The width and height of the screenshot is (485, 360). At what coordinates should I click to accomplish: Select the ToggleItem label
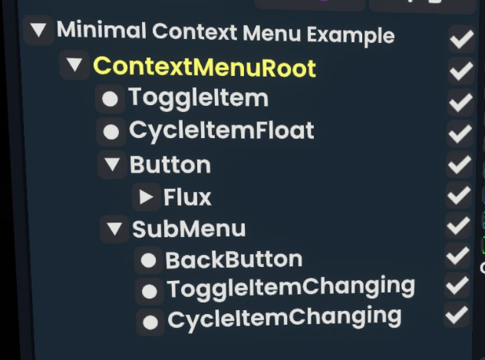click(x=198, y=98)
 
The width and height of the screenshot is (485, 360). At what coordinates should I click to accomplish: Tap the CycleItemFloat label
click(x=221, y=130)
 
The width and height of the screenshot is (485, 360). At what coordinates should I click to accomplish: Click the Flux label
click(x=187, y=197)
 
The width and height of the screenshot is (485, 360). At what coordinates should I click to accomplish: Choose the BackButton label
click(x=233, y=260)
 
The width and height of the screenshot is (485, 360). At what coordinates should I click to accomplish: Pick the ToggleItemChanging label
click(x=291, y=288)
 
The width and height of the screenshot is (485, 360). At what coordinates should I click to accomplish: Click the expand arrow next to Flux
click(x=146, y=197)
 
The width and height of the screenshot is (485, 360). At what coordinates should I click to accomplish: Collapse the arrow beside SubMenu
click(x=115, y=228)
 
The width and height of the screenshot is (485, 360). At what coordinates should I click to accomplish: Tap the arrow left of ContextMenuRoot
click(x=74, y=65)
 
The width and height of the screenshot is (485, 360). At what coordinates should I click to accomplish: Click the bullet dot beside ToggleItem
click(x=111, y=99)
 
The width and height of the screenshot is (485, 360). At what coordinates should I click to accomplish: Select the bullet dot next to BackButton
click(x=148, y=261)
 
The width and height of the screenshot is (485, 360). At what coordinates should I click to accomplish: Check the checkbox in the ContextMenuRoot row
click(x=460, y=71)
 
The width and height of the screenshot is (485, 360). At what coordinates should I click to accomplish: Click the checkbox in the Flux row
click(x=459, y=195)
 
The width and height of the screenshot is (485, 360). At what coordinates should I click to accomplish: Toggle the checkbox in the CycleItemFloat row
click(x=460, y=133)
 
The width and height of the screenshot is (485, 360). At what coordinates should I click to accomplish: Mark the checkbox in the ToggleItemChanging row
click(x=457, y=286)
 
